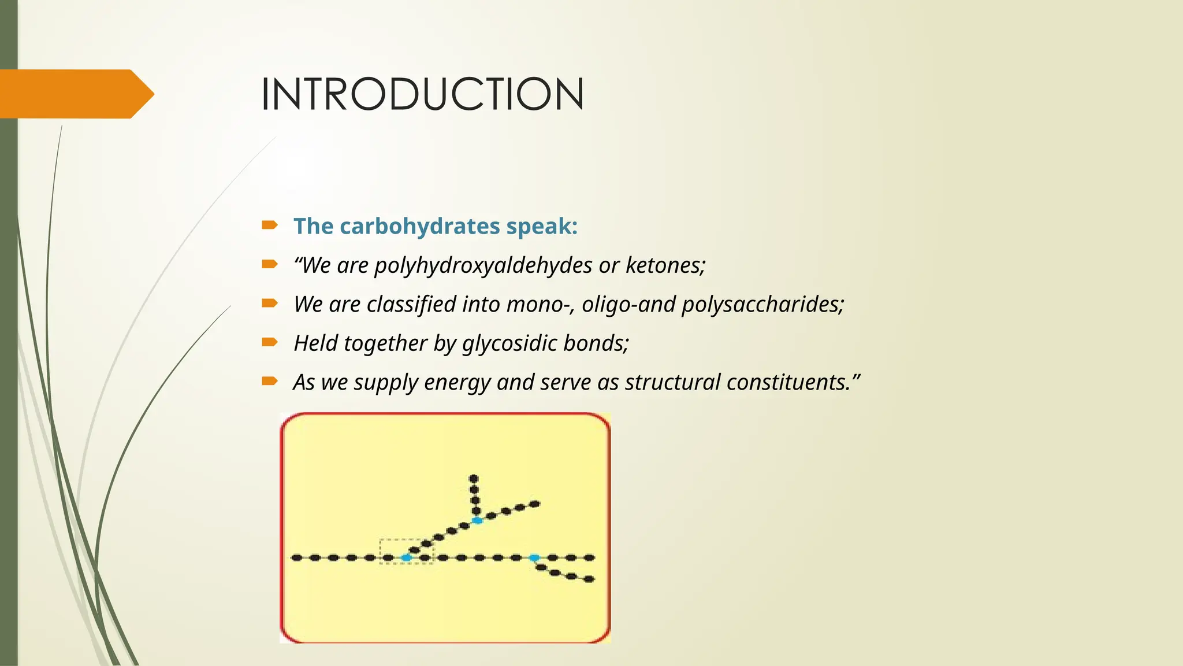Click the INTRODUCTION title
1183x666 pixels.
[422, 94]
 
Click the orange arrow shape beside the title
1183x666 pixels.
[75, 94]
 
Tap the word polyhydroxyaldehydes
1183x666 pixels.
[483, 265]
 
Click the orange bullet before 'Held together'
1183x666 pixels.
[270, 342]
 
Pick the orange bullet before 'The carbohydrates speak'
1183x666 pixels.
[270, 225]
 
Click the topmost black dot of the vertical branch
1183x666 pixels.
[474, 479]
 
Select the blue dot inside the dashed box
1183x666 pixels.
[407, 558]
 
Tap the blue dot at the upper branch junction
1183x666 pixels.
[477, 521]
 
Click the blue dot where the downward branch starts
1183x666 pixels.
[534, 558]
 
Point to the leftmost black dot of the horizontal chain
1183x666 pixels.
[296, 558]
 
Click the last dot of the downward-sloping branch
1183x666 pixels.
[589, 579]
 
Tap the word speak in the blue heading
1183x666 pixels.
[541, 226]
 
